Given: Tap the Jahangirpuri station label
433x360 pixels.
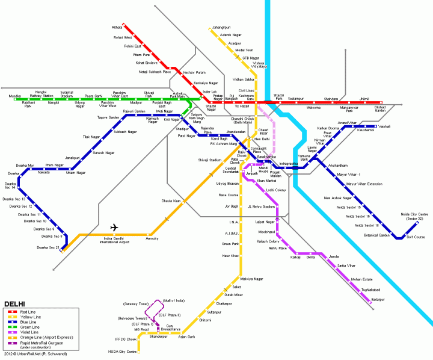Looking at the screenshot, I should [221, 28].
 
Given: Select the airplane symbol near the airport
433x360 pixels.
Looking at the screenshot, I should [114, 228].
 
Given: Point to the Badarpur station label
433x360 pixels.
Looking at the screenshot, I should [378, 299].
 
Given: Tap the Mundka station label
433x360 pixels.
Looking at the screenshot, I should [14, 96].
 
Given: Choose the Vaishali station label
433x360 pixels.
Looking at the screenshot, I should [384, 126].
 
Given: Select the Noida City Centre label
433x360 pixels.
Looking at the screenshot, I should [414, 216].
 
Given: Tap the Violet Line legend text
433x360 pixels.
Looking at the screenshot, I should [29, 332].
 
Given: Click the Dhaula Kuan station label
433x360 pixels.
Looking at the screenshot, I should [171, 200].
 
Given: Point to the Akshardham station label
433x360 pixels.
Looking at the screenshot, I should [338, 165].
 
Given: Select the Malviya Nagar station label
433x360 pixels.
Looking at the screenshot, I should [252, 279].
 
